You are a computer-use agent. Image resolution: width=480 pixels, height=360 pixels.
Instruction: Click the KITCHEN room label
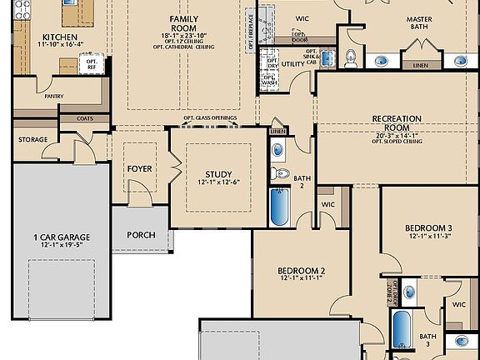tap(59, 37)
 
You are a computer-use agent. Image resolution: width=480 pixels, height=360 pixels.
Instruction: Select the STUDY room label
tap(218, 174)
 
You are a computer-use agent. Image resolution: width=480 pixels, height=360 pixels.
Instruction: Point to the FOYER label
tap(139, 169)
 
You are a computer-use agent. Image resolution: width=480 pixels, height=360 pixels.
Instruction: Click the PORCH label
tap(141, 235)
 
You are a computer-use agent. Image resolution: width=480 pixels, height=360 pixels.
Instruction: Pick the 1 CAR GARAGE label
tap(62, 237)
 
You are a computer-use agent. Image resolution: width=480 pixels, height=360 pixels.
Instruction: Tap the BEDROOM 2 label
tap(301, 272)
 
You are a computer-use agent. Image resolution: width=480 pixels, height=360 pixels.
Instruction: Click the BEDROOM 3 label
tap(428, 228)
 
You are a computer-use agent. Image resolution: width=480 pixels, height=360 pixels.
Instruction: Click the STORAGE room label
tap(33, 139)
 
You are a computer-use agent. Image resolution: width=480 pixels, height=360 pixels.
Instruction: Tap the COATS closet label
tap(84, 118)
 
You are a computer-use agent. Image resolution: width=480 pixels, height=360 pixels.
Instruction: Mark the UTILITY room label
tap(293, 63)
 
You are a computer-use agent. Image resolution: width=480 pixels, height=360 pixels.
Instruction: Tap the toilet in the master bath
tap(351, 57)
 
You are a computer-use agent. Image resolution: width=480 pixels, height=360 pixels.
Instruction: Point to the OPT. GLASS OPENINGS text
tap(210, 118)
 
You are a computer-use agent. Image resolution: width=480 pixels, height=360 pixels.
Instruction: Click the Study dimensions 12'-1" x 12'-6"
tap(218, 182)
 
